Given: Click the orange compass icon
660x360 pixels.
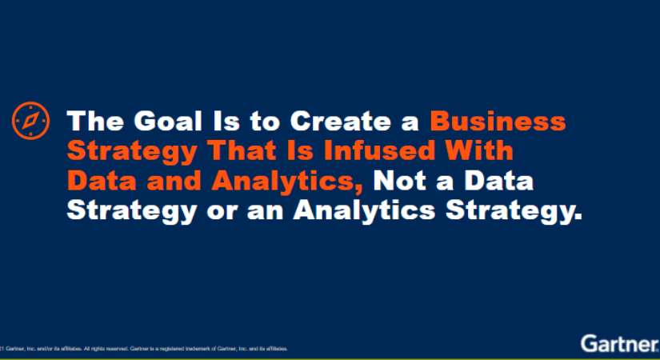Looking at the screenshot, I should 30,122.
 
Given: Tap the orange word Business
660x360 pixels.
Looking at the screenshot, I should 498,122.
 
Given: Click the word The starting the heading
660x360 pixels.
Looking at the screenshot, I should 93,122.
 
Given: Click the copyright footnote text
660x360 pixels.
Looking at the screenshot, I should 144,349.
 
